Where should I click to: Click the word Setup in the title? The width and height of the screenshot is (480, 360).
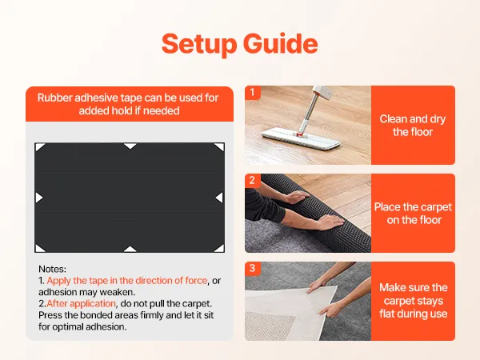pyautogui.click(x=199, y=45)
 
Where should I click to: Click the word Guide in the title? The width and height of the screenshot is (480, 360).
pyautogui.click(x=281, y=43)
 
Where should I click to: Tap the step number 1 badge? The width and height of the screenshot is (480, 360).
pyautogui.click(x=253, y=93)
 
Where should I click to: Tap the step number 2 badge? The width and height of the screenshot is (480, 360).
pyautogui.click(x=253, y=180)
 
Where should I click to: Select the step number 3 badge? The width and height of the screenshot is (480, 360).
pyautogui.click(x=253, y=268)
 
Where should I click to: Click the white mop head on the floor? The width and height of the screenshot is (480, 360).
pyautogui.click(x=302, y=138)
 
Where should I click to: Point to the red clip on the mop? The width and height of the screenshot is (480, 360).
pyautogui.click(x=300, y=134)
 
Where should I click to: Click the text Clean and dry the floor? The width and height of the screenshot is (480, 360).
pyautogui.click(x=413, y=126)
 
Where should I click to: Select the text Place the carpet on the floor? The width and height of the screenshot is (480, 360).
pyautogui.click(x=413, y=214)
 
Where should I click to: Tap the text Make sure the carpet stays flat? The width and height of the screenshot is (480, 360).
pyautogui.click(x=414, y=301)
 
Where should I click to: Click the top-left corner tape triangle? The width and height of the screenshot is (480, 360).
pyautogui.click(x=39, y=146)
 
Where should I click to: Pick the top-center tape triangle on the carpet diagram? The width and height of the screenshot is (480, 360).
pyautogui.click(x=130, y=146)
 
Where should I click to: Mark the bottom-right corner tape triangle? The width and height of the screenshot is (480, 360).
pyautogui.click(x=221, y=249)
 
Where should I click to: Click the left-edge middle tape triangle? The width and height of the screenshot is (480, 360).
pyautogui.click(x=38, y=198)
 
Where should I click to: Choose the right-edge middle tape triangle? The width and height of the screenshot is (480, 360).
pyautogui.click(x=219, y=198)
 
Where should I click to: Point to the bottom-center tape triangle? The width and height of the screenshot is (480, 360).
pyautogui.click(x=130, y=249)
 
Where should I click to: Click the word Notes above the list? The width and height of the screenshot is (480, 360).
pyautogui.click(x=52, y=269)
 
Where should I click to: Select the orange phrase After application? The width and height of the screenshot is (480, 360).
pyautogui.click(x=81, y=304)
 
